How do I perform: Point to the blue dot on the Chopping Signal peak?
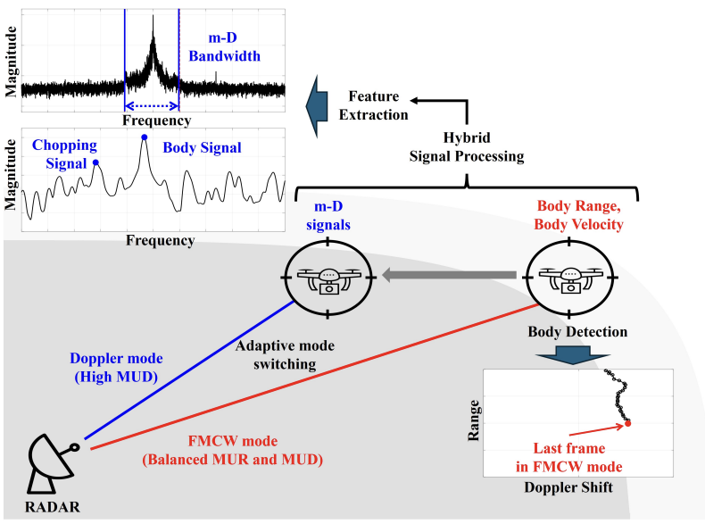(95, 162)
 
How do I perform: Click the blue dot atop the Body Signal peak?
(144, 137)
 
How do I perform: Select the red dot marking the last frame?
(628, 423)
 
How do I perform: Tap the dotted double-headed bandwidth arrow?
(151, 105)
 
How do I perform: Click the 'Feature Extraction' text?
(378, 105)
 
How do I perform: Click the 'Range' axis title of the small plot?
(476, 415)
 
